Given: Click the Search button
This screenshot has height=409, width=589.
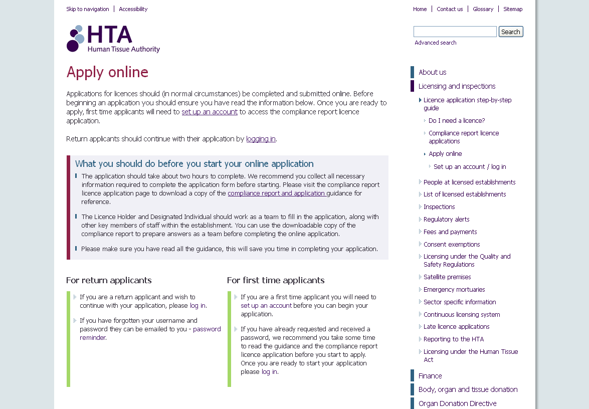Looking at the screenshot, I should pos(511,32).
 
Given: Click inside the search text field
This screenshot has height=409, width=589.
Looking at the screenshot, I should pos(455,32).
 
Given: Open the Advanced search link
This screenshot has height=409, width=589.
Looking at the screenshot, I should pos(435,43).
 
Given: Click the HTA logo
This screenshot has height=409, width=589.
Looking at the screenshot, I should pos(113,39).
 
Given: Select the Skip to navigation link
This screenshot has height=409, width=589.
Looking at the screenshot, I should pos(88,9).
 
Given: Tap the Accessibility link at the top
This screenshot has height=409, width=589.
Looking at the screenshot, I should pos(133,9).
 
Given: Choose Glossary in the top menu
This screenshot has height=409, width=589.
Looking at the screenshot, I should pos(483,9).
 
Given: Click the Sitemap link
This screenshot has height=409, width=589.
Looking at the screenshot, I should pos(513,9).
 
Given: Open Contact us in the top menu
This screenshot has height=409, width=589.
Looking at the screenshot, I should pos(450,9).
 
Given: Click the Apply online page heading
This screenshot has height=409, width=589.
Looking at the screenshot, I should pos(107,72).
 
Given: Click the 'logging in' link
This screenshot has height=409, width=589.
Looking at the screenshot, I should pos(261,139).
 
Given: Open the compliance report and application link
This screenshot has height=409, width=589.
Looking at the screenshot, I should pos(277,193).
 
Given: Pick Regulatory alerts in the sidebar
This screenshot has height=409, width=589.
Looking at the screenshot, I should pos(446,220).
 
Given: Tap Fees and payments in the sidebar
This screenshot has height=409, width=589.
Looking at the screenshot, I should pos(450,232).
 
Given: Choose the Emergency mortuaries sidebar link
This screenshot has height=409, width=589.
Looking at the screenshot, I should pos(454,290).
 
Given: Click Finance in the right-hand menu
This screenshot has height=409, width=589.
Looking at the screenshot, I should pos(430,376).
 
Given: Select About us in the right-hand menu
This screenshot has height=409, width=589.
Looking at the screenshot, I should pos(432,72).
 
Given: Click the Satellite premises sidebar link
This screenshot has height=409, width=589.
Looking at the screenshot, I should pos(447,277).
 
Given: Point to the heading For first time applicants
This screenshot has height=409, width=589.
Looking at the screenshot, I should pos(276,280).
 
